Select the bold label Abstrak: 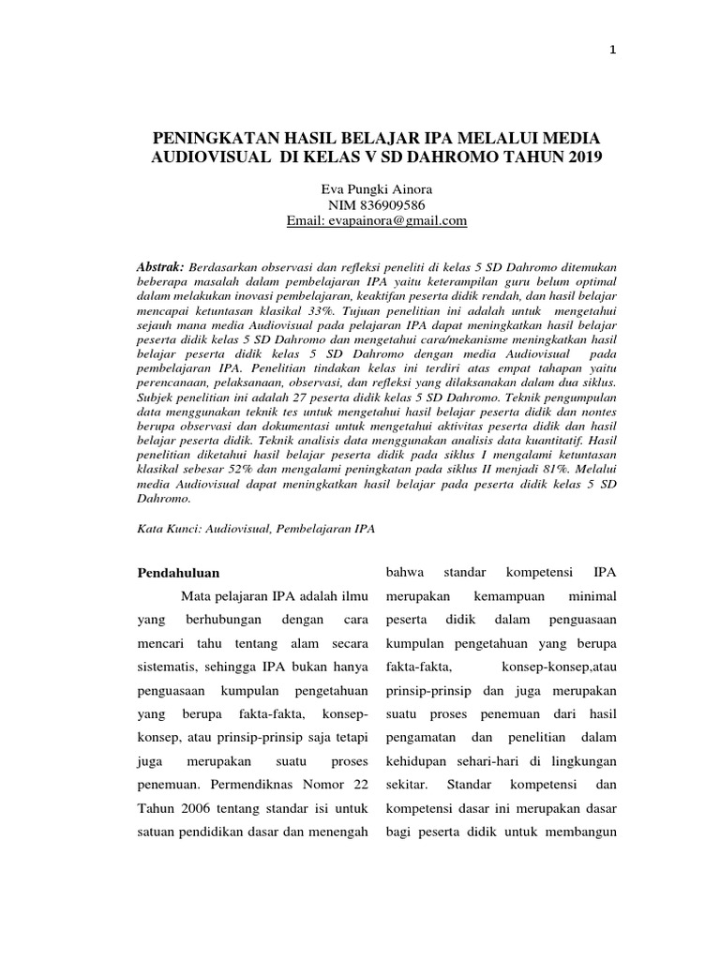tap(161, 267)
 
